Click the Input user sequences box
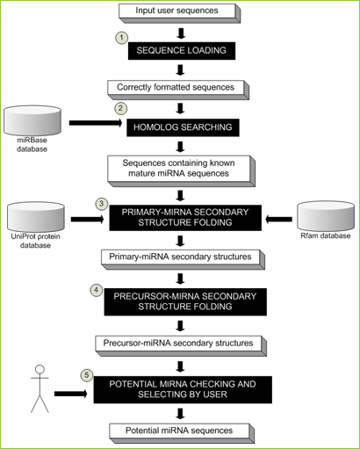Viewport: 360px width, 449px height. (x=179, y=13)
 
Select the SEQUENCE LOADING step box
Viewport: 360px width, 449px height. (x=182, y=51)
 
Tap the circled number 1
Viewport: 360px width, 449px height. (x=122, y=38)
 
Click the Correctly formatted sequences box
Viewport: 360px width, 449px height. (x=178, y=90)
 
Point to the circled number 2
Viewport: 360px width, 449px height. (x=120, y=108)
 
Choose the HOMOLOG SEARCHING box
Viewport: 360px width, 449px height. (x=183, y=127)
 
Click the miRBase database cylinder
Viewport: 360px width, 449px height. (x=32, y=120)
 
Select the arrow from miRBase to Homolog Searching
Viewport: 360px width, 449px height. (x=96, y=123)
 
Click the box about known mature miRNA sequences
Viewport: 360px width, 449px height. (x=181, y=171)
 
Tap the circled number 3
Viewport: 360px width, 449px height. (x=102, y=204)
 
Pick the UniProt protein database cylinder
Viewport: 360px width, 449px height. (x=36, y=217)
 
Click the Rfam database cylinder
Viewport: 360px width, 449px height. (x=326, y=216)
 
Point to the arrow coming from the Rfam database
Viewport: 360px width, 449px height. (x=278, y=219)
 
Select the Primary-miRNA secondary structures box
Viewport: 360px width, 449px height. (x=183, y=259)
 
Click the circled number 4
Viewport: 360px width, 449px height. (x=97, y=290)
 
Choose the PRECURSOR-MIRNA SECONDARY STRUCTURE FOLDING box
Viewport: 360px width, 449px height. (x=185, y=301)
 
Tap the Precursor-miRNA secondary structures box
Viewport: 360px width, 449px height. (x=181, y=346)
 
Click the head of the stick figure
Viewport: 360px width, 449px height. (x=40, y=369)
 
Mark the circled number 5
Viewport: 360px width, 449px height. (x=86, y=375)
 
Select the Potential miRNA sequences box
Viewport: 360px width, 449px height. (x=182, y=433)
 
